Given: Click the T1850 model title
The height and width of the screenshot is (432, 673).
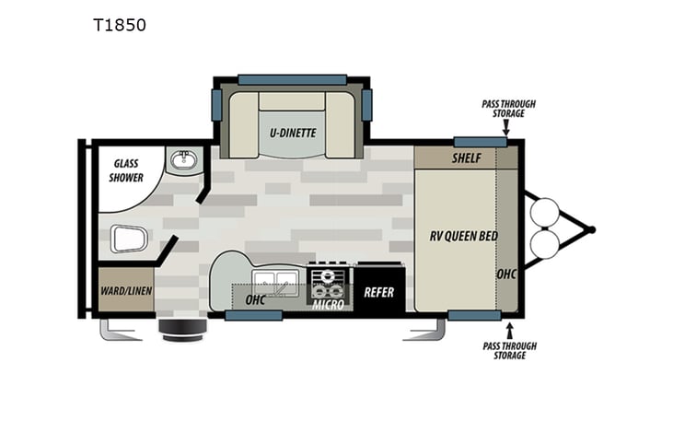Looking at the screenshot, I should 118,25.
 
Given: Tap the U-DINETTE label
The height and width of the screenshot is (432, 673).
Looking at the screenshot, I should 293,133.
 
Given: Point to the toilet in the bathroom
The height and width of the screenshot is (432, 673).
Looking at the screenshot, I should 128,239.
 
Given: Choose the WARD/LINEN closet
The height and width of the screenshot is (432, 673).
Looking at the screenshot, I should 126,292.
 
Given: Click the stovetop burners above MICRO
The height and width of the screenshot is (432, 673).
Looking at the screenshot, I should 329,278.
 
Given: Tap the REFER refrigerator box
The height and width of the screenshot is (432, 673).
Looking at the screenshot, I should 378,293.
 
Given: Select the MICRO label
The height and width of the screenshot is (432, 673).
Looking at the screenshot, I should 328,304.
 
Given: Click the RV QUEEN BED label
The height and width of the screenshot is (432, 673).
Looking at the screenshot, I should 464,236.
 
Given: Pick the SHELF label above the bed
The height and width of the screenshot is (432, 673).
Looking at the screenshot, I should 467,158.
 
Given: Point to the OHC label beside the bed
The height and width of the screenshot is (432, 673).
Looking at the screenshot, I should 506,274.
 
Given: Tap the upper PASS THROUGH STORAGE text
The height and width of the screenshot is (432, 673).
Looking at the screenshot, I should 508,109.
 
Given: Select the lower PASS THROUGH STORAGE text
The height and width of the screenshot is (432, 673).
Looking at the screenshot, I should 508,353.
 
